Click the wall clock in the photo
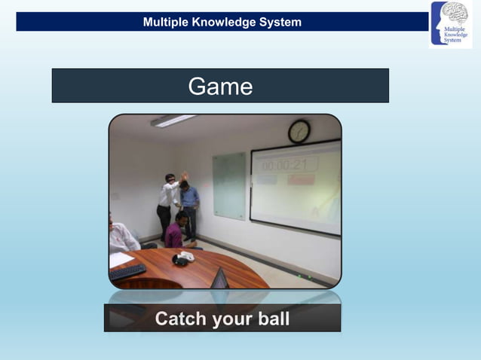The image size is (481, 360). click(299, 132)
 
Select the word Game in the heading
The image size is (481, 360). click(220, 87)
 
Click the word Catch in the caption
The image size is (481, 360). click(181, 319)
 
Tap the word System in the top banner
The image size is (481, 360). click(280, 22)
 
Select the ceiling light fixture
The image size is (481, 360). click(173, 121)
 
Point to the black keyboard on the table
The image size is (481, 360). click(127, 271)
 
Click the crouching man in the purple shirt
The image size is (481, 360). click(176, 230)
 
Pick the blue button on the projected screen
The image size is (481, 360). click(267, 180)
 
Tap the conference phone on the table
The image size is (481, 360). click(182, 258)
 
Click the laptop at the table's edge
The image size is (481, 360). click(219, 279)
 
